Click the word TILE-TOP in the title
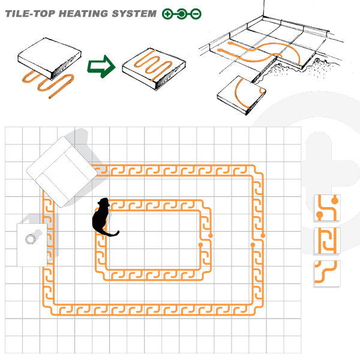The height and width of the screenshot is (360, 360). pos(30,14)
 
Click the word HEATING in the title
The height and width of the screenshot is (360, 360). pos(83,14)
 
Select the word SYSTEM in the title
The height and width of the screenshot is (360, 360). pos(134,14)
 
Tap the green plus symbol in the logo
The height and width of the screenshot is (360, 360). pos(167,14)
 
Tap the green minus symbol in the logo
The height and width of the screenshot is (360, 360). pos(196,14)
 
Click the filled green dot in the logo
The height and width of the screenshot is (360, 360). pos(182,14)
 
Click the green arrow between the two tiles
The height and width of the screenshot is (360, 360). pos(101,67)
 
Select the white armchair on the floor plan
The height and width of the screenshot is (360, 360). pos(62,172)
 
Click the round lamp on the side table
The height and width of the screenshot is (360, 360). pos(31,239)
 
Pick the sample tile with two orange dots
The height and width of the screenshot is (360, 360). pos(327,208)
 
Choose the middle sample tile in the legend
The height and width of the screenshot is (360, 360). pos(327,241)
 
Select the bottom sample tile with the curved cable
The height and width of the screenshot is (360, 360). pos(327,274)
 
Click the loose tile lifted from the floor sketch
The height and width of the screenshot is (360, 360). pos(242,95)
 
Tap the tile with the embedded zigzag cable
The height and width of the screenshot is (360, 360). pos(154,69)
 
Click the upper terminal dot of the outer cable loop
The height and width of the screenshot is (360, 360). pos(263,236)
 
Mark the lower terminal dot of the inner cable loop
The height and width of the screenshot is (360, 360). pos(200,245)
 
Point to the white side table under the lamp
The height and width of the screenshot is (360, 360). pos(32,245)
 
